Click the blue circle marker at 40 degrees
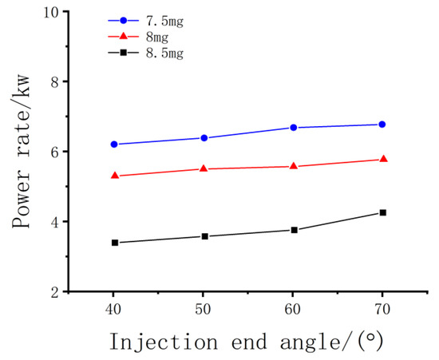[x=114, y=144]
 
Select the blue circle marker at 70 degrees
[x=382, y=125]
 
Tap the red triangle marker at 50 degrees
[x=204, y=168]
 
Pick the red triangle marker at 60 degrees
[x=294, y=166]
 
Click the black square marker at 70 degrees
[x=382, y=212]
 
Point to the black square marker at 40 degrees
[x=114, y=243]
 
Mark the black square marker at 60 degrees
[x=294, y=230]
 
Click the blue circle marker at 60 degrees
[x=294, y=128]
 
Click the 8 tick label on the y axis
[x=54, y=82]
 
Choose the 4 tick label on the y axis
[x=54, y=222]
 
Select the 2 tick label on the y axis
[x=54, y=292]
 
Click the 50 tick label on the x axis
[x=204, y=308]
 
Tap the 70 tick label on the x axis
[x=382, y=308]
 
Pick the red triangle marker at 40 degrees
[x=114, y=176]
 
